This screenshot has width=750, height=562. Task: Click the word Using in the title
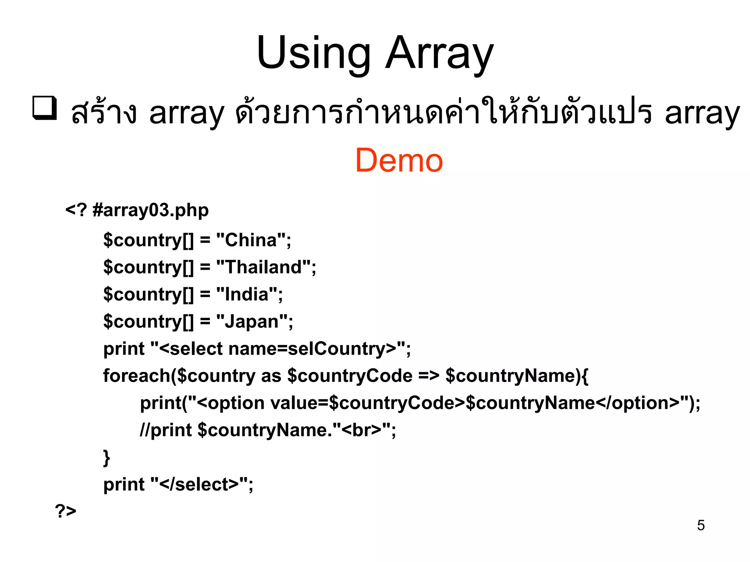[313, 53]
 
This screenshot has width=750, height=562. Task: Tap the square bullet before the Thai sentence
[45, 108]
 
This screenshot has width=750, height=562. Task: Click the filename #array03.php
[151, 210]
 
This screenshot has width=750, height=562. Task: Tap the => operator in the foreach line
[429, 376]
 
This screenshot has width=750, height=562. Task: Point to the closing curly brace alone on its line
[107, 457]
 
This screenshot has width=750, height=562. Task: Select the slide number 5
[701, 525]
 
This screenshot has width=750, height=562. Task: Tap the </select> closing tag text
[200, 484]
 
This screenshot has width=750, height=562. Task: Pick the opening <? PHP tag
[76, 210]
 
